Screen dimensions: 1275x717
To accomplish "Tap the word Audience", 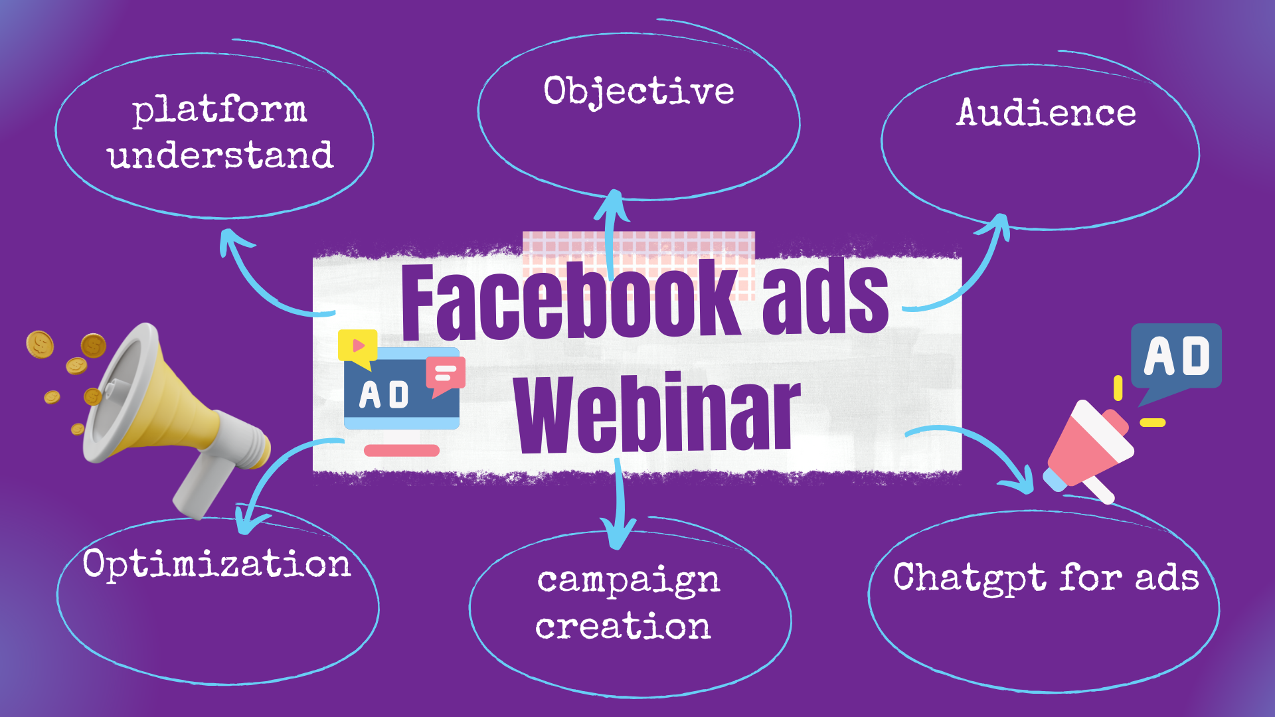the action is [x=1047, y=112].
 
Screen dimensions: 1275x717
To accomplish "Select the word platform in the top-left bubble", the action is [x=219, y=110].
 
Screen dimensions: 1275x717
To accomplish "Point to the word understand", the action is [x=220, y=155].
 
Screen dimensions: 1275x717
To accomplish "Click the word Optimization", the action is [x=216, y=565].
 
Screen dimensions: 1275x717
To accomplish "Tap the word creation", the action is [x=623, y=627].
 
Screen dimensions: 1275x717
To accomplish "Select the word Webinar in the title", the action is [x=657, y=413].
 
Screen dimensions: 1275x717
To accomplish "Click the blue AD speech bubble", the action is [x=1176, y=358].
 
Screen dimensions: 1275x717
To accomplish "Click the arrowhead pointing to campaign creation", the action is [x=618, y=534].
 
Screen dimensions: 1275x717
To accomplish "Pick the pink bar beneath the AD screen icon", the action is [x=402, y=451].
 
